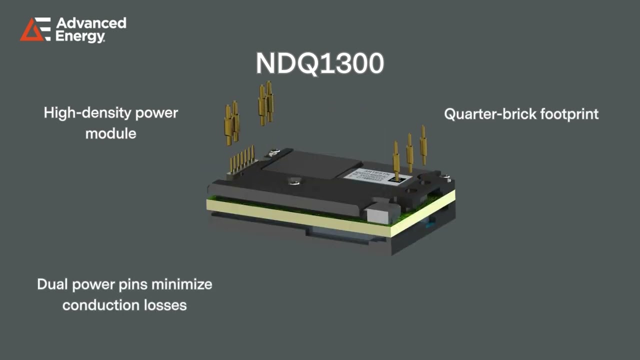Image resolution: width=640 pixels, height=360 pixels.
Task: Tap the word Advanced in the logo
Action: pyautogui.click(x=91, y=23)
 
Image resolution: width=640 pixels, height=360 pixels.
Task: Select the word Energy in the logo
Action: pyautogui.click(x=80, y=36)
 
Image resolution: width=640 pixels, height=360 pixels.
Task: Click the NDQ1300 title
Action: pyautogui.click(x=320, y=63)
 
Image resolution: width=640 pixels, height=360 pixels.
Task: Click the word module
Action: pyautogui.click(x=110, y=133)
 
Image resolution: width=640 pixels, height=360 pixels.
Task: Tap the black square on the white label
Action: pyautogui.click(x=398, y=176)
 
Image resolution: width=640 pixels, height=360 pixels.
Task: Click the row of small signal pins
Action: pyautogui.click(x=242, y=159)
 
